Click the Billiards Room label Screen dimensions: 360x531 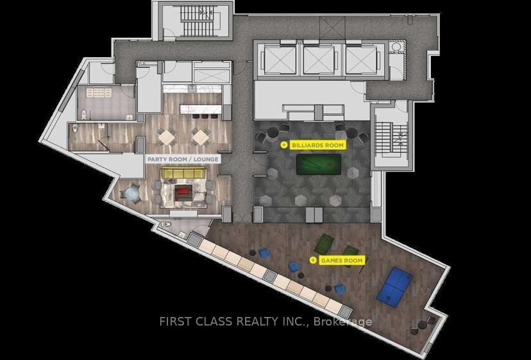[318, 145]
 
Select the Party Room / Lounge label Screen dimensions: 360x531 [183, 159]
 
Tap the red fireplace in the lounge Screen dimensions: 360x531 [184, 191]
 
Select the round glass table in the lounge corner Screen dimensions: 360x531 [132, 193]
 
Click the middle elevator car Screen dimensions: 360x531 [319, 60]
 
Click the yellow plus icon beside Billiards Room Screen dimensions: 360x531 [284, 145]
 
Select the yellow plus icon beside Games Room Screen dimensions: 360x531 [313, 260]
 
